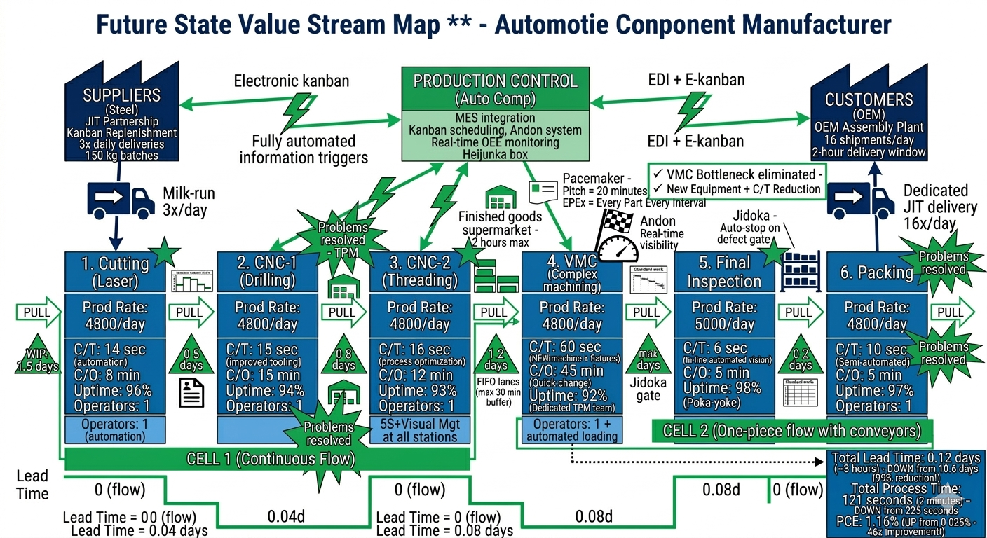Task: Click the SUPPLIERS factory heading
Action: [x=122, y=95]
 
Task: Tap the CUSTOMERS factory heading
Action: [x=869, y=99]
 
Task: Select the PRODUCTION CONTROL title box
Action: [x=496, y=88]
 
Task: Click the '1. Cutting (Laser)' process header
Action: [x=115, y=272]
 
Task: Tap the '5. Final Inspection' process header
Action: [x=724, y=272]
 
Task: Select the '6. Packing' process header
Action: [x=876, y=272]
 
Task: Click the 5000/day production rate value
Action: [x=724, y=324]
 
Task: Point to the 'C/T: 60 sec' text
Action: [x=561, y=347]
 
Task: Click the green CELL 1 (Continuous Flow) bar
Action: [x=270, y=460]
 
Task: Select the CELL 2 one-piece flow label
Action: [x=792, y=430]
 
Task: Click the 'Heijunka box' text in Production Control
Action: [x=495, y=154]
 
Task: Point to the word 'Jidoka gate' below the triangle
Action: [x=648, y=389]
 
